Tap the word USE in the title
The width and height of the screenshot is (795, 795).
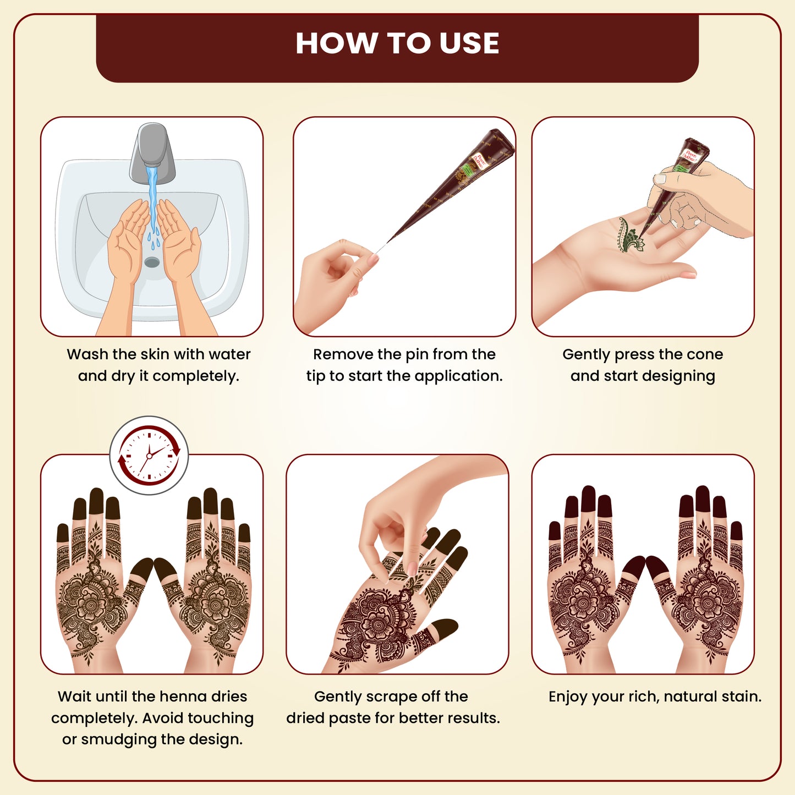pos(469,43)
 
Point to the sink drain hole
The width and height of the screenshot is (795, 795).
pos(152,261)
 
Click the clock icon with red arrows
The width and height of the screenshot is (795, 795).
pos(149,455)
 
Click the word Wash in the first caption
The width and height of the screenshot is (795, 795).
pos(87,354)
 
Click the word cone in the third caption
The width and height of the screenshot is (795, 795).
pos(705,355)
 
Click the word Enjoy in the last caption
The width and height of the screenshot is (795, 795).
pos(568,697)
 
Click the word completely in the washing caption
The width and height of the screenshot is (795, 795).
pos(195,376)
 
